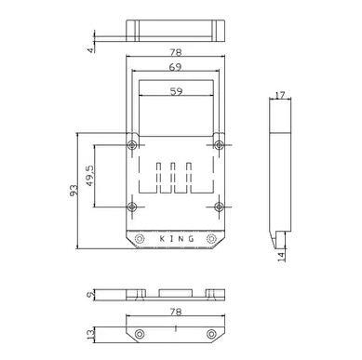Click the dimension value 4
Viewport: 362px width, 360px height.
[x=90, y=49]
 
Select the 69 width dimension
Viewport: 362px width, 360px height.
[x=175, y=67]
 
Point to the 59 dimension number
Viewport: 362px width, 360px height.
[x=176, y=91]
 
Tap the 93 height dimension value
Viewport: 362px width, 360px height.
[x=74, y=191]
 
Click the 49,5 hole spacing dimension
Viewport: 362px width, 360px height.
[x=90, y=176]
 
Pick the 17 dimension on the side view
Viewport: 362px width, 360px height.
[x=280, y=95]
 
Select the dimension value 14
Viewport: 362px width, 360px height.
[x=281, y=257]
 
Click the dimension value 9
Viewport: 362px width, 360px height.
[x=90, y=295]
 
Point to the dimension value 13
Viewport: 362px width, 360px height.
[x=90, y=334]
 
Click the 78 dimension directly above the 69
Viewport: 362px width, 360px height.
[x=175, y=53]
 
